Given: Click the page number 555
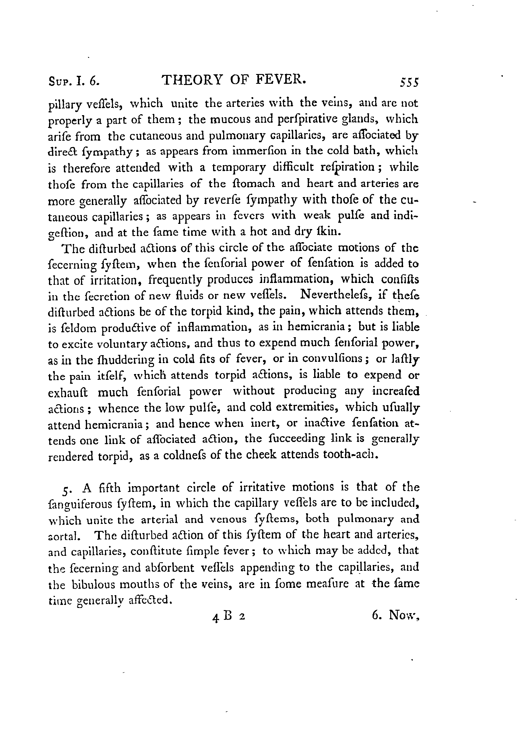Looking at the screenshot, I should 409,83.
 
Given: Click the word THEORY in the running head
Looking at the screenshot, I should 192,80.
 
